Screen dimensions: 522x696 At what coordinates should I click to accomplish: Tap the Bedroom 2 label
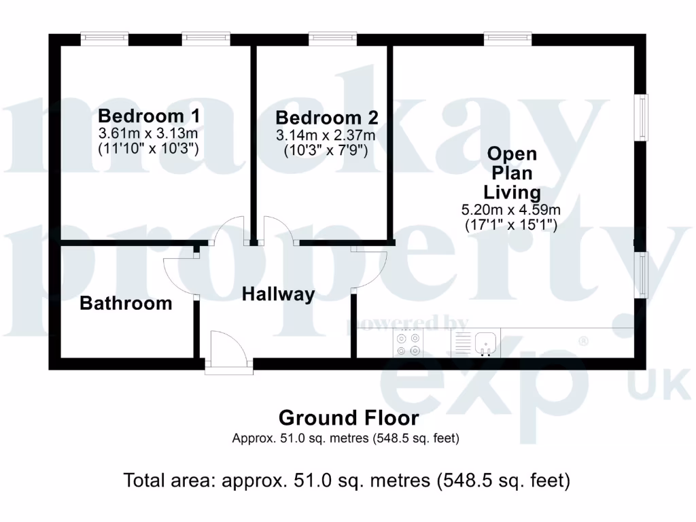[326, 118]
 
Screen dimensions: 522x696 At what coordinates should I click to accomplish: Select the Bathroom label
[126, 303]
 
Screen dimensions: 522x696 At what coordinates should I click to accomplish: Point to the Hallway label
[279, 294]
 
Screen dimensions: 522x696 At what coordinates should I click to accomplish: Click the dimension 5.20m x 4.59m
[511, 209]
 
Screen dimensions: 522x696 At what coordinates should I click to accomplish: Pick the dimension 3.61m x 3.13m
[148, 133]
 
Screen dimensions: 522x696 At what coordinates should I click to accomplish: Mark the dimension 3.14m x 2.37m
[326, 135]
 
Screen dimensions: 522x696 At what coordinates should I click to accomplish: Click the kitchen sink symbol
[486, 342]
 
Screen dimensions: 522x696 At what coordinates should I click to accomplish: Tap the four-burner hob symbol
[407, 343]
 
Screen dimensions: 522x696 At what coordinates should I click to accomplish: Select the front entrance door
[228, 351]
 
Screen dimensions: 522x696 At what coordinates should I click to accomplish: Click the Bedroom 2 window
[332, 39]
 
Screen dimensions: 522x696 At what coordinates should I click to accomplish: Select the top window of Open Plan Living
[508, 39]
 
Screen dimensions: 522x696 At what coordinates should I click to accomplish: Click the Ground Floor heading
[349, 417]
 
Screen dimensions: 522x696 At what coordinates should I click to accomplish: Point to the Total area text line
[347, 481]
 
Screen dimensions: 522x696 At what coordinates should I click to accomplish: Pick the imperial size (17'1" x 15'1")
[511, 224]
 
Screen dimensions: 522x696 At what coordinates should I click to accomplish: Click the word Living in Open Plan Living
[512, 192]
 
